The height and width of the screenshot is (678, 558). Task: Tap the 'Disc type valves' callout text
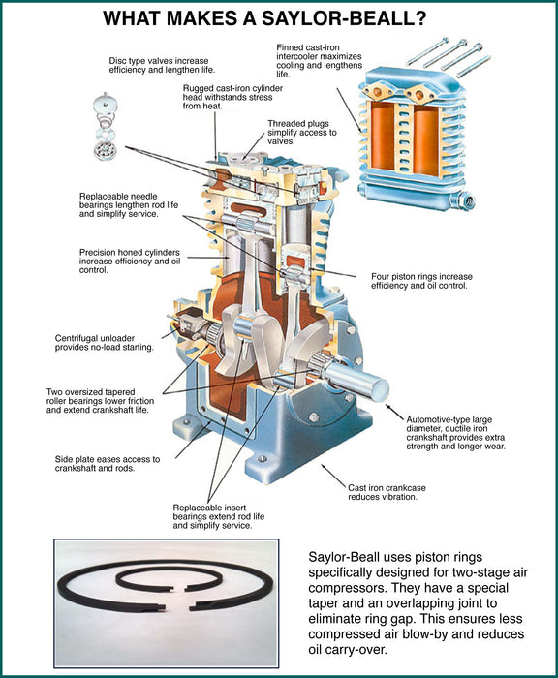162,65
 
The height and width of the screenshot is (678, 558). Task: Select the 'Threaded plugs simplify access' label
302,133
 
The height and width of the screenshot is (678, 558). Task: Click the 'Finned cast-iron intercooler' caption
320,60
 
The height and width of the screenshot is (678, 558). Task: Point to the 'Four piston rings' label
421,281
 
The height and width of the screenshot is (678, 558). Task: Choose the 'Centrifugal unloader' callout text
105,343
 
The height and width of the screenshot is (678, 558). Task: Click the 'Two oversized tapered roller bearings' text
101,401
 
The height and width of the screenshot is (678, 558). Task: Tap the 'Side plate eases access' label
108,464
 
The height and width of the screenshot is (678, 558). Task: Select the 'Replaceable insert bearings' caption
218,516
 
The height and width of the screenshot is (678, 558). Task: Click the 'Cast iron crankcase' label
387,492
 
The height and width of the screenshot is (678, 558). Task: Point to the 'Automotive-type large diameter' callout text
455,433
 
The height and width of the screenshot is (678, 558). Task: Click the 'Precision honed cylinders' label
130,262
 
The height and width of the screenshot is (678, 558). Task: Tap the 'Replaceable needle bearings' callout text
129,205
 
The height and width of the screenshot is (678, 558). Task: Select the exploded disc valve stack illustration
106,126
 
